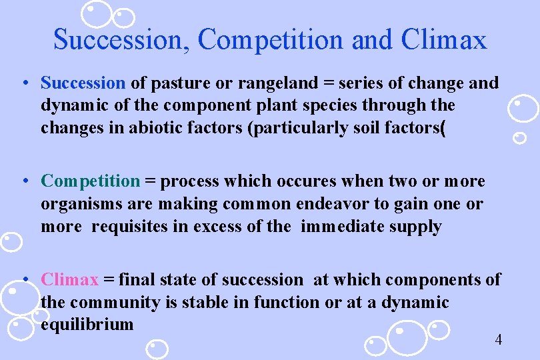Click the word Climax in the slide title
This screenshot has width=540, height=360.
tap(444, 40)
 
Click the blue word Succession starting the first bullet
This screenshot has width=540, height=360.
tap(83, 83)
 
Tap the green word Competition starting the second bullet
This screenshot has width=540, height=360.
tap(91, 181)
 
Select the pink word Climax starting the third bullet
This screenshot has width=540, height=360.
tap(70, 280)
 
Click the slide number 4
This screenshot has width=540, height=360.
tap(498, 340)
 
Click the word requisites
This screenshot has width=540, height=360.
tap(131, 227)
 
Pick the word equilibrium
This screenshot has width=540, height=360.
tap(87, 325)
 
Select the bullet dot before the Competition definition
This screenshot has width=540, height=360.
tap(23, 181)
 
